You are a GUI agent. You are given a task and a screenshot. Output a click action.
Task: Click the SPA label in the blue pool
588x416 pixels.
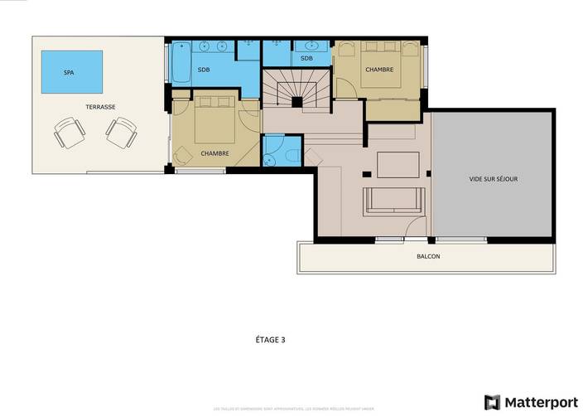coord(69,73)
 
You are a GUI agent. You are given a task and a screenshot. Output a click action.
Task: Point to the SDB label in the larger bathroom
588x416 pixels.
coord(204,70)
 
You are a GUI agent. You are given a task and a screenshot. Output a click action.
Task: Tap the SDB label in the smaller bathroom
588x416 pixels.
coord(306,58)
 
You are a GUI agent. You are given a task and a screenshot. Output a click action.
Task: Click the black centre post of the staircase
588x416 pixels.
coord(296,102)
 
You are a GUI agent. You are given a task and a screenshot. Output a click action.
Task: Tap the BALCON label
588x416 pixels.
coord(428,256)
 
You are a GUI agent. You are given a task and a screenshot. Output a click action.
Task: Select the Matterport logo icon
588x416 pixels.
coord(494,402)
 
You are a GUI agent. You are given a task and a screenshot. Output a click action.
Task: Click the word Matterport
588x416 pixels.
coord(542,402)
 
